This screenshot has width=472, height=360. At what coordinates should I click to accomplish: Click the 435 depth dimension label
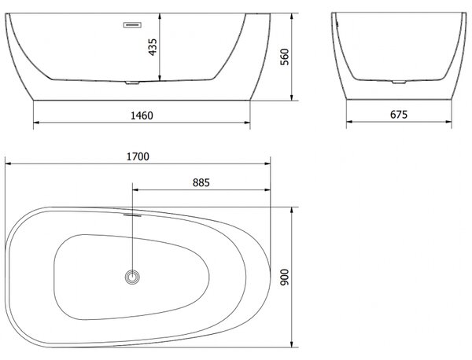153,47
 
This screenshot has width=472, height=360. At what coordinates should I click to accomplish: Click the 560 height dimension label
285,57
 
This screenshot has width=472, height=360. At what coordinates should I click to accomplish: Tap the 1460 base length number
142,116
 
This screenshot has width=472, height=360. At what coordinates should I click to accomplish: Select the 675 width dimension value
399,115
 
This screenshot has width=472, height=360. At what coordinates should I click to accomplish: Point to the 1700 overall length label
138,156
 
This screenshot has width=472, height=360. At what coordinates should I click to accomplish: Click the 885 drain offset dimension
201,182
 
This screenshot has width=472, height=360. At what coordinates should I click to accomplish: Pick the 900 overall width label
285,277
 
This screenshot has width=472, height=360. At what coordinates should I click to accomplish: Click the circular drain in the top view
132,277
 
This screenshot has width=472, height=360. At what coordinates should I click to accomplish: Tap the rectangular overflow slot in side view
132,25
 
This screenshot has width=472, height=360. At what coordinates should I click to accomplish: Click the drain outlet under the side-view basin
132,83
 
